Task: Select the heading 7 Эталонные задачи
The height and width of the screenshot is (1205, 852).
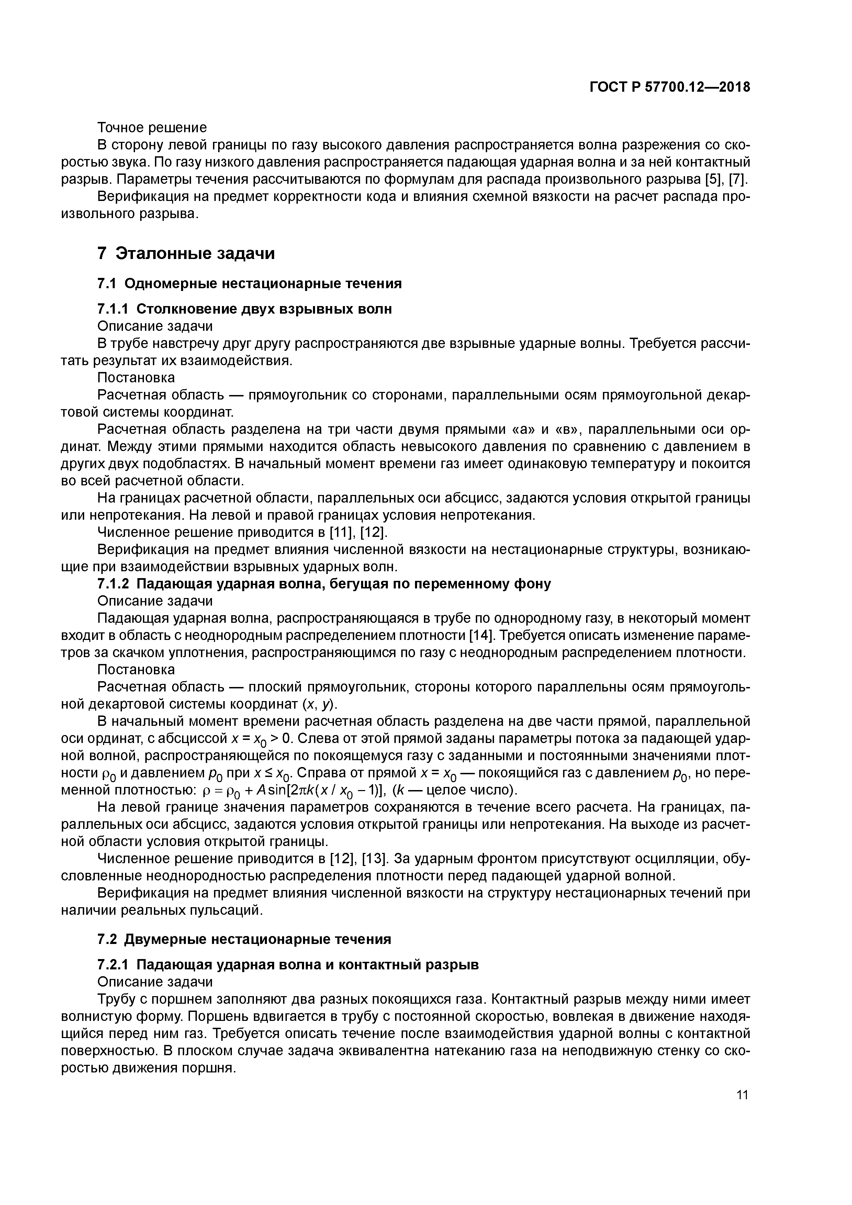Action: (186, 254)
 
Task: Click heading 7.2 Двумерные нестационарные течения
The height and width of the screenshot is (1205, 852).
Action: (244, 939)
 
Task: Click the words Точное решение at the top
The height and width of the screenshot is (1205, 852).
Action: (152, 127)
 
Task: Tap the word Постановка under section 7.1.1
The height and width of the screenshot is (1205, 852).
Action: (136, 378)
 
